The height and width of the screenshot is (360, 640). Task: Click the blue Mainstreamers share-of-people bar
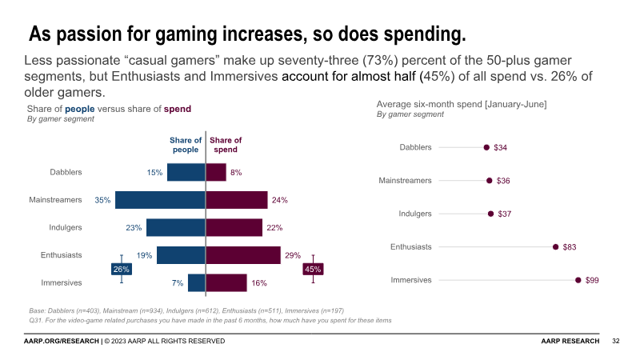[x=160, y=200]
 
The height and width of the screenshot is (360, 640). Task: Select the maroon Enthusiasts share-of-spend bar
[x=243, y=255]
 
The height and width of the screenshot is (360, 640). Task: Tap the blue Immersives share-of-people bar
[x=197, y=282]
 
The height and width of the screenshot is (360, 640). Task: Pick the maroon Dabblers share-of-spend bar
[x=216, y=172]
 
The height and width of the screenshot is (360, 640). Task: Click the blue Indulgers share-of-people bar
[x=176, y=227]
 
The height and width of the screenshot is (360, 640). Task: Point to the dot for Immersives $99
[x=578, y=280]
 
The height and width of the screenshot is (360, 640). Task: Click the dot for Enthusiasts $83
[x=555, y=247]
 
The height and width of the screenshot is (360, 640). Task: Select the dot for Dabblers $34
[x=486, y=147]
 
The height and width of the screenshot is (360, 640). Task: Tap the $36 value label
[x=503, y=181]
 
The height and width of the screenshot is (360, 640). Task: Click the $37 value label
[x=505, y=214]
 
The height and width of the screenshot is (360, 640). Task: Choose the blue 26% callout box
[x=121, y=270]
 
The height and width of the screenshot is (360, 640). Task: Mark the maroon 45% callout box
[x=313, y=270]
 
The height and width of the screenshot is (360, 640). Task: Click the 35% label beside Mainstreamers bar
[x=102, y=200]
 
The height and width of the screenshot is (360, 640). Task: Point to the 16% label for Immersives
[x=258, y=282]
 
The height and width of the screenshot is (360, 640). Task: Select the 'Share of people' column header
[x=186, y=145]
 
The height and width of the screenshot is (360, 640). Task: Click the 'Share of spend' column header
[x=226, y=145]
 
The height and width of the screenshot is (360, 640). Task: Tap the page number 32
[x=616, y=342]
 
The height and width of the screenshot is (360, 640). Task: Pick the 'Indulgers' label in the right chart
[x=415, y=214]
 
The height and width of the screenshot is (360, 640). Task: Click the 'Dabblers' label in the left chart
[x=66, y=172]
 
